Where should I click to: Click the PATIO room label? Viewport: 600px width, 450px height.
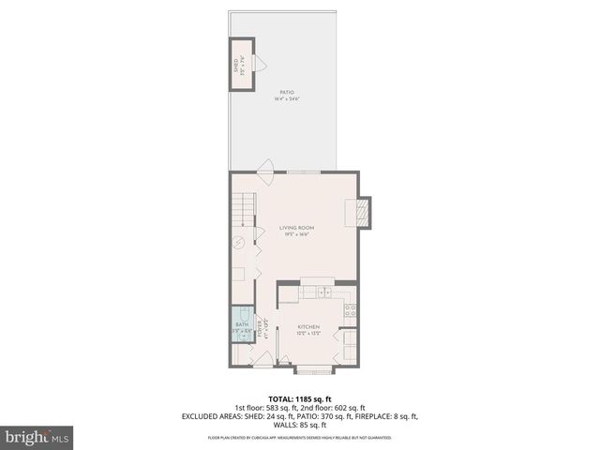[287, 92]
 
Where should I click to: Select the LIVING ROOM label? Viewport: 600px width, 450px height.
[296, 228]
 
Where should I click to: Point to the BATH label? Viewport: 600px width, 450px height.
[241, 324]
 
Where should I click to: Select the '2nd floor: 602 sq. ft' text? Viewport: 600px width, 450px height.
[337, 408]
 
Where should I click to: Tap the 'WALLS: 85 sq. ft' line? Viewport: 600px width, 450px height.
[299, 425]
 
